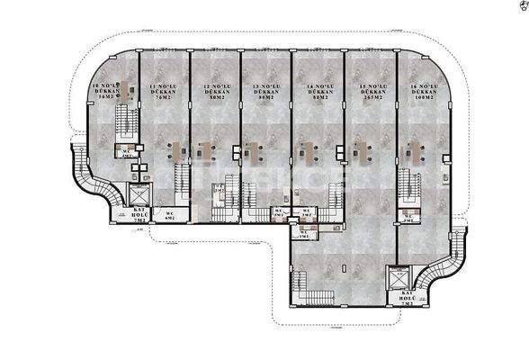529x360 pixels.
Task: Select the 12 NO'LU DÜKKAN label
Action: [215, 92]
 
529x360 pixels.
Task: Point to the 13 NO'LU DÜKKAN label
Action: [265, 92]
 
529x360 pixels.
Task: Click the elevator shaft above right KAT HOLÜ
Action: [397, 276]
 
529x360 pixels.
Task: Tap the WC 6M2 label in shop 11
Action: [168, 214]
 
